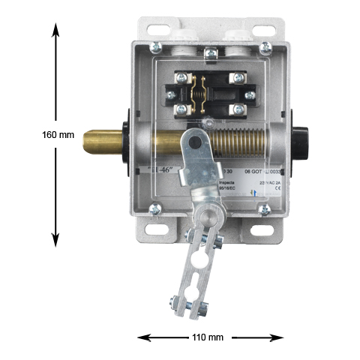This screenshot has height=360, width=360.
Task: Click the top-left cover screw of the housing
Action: [x=155, y=47]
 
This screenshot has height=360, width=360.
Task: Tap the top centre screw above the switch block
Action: [x=211, y=52]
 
